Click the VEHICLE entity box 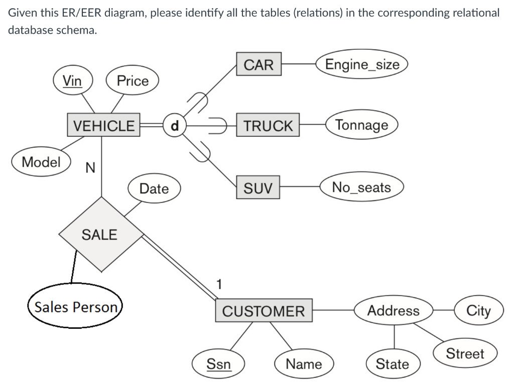click(104, 125)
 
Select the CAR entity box click(259, 65)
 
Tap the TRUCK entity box click(268, 126)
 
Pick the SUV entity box click(258, 188)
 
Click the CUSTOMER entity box click(264, 311)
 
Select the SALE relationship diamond click(100, 234)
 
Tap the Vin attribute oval click(73, 80)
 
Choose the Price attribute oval click(133, 81)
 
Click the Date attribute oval click(154, 188)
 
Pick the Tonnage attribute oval click(362, 125)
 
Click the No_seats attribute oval click(361, 187)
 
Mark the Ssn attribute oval click(219, 363)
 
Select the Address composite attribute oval click(394, 311)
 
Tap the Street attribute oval click(465, 354)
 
